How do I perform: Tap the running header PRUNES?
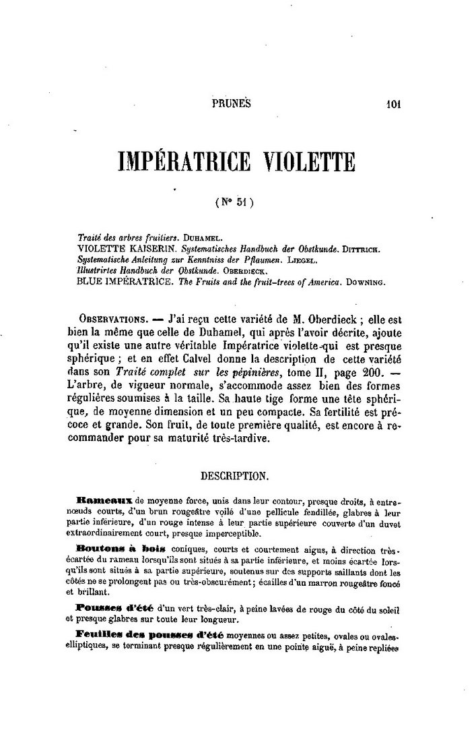[231, 104]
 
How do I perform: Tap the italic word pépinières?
[242, 371]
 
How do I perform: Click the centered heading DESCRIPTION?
[235, 475]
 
